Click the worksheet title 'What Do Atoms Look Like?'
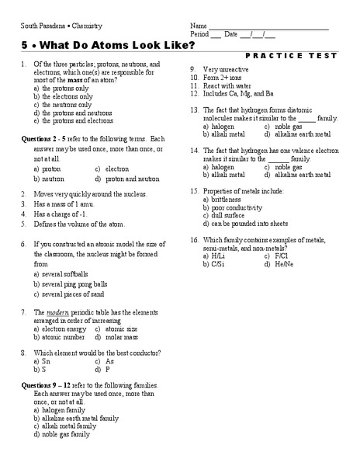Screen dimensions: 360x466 pyautogui.click(x=116, y=45)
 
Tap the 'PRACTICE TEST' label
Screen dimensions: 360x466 pyautogui.click(x=291, y=56)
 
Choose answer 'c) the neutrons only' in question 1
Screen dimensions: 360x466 pyautogui.click(x=63, y=104)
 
